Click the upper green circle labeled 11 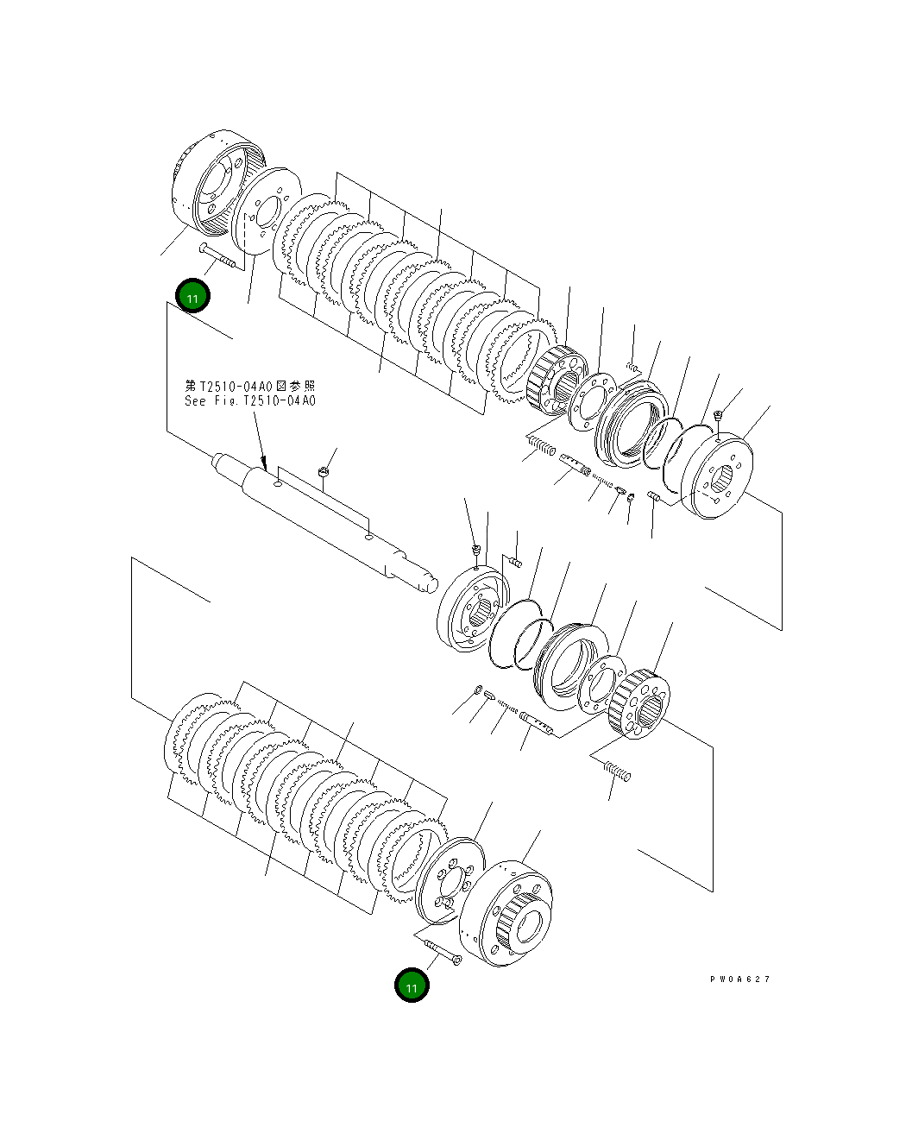pos(192,298)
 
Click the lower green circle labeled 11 pos(412,986)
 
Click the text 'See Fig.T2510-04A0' pos(250,401)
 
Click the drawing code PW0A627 pos(739,979)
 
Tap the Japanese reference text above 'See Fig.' pos(250,386)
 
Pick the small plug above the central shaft pos(323,471)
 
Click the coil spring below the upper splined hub pos(542,445)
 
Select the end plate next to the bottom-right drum pos(450,879)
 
